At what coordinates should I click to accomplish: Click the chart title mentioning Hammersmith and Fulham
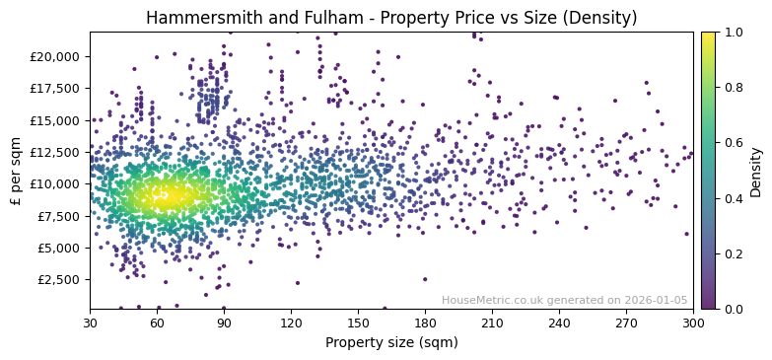click(391, 18)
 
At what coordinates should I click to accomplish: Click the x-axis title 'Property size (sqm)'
click(391, 342)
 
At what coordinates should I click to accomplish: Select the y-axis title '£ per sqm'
click(16, 171)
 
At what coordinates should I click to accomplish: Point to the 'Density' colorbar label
click(756, 171)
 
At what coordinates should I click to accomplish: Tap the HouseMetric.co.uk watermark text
click(564, 300)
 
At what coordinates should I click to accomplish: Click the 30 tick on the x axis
click(90, 323)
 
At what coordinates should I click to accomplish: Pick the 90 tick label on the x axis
click(224, 323)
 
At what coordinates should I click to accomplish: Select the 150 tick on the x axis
click(358, 323)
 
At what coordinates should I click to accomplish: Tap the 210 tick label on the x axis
click(492, 323)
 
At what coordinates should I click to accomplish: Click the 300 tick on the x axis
click(693, 323)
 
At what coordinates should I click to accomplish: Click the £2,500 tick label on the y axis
click(59, 279)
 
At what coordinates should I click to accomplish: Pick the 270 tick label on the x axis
click(626, 323)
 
